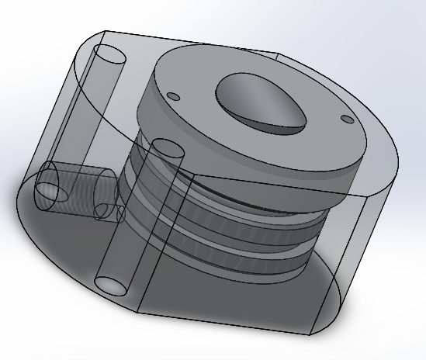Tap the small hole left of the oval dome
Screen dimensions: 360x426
point(174,96)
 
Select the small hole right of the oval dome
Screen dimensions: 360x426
point(346,119)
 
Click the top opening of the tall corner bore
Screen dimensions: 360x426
point(109,57)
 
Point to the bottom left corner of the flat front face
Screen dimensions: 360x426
point(137,312)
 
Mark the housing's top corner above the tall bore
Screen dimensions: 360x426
point(104,32)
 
